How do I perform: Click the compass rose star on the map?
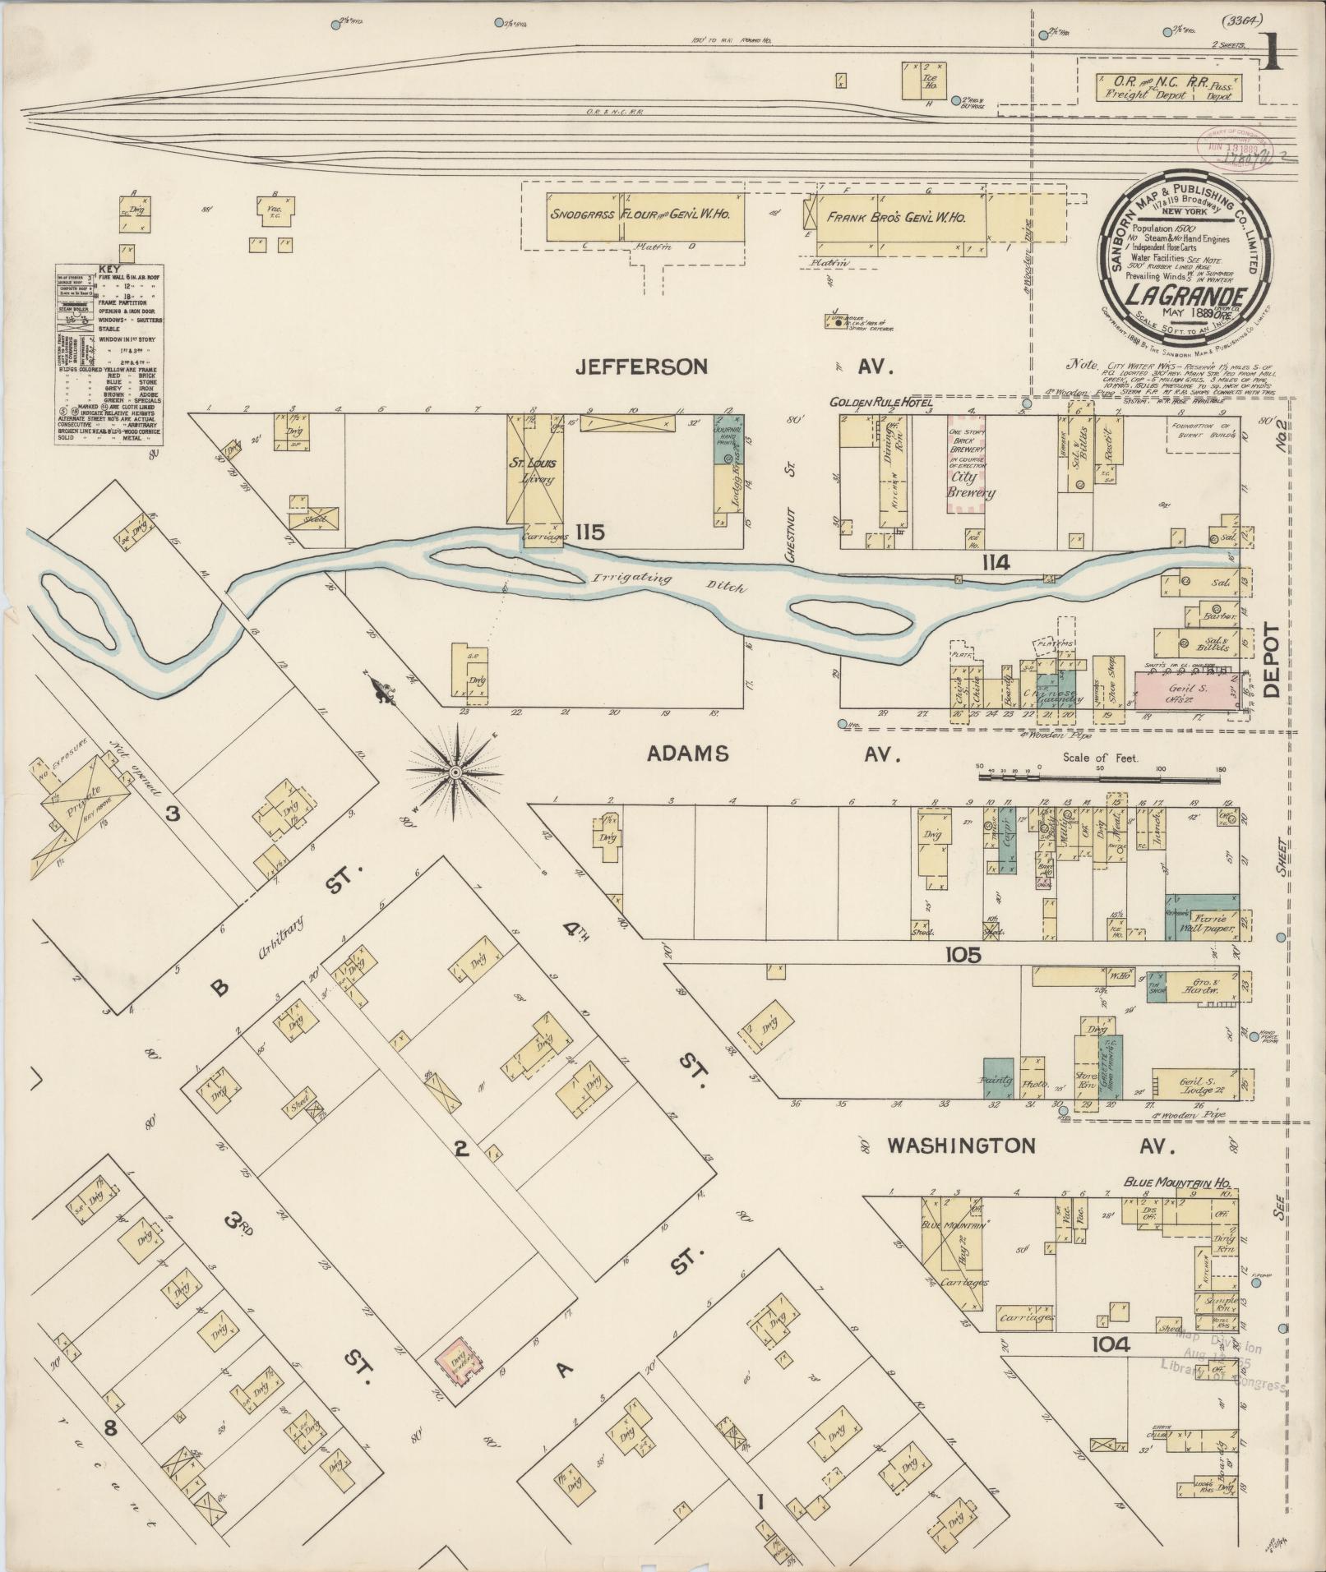(454, 772)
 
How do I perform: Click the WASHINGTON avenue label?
(961, 1146)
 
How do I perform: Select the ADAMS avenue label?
(688, 754)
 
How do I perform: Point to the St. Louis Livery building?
(535, 475)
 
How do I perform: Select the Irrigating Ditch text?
(666, 582)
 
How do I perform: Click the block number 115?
(589, 532)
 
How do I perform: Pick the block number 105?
(963, 955)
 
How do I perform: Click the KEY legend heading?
(107, 269)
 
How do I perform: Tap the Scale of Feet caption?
(1099, 758)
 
